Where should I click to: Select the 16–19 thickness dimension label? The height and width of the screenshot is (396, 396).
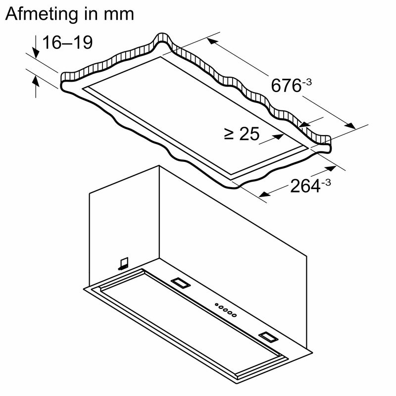pyautogui.click(x=67, y=43)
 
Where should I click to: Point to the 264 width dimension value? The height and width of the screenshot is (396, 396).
pyautogui.click(x=304, y=187)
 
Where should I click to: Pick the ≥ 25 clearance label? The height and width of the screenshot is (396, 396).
pyautogui.click(x=242, y=134)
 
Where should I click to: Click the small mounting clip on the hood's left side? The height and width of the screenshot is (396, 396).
pyautogui.click(x=123, y=263)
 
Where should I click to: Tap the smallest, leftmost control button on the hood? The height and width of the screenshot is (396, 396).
pyautogui.click(x=216, y=305)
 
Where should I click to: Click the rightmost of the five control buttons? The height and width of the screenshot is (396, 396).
pyautogui.click(x=235, y=315)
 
